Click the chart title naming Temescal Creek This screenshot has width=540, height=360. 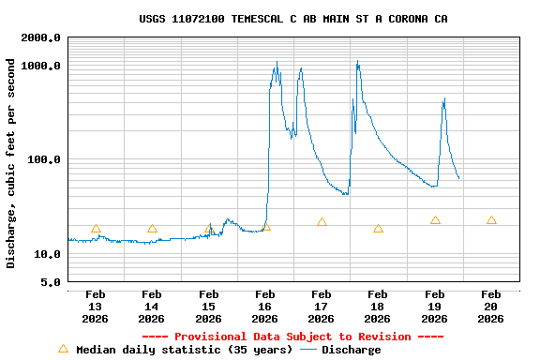(292, 19)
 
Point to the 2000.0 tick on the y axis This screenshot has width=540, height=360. (41, 37)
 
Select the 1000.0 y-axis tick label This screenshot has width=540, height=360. (41, 66)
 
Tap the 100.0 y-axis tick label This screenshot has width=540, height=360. (45, 159)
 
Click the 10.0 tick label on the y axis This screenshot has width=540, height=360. (48, 254)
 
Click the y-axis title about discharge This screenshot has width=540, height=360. (11, 163)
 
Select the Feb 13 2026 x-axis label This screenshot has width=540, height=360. (96, 307)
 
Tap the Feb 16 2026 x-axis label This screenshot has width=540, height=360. (265, 307)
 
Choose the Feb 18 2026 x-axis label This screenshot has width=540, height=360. (378, 307)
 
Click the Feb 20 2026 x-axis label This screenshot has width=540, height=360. (491, 307)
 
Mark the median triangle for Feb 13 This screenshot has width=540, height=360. (96, 228)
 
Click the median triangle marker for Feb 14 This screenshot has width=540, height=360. (152, 228)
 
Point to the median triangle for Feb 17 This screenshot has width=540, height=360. (322, 222)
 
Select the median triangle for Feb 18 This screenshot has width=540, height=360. (378, 228)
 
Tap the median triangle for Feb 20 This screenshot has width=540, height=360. (491, 220)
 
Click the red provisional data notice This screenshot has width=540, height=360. (292, 337)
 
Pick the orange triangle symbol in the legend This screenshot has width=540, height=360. (63, 349)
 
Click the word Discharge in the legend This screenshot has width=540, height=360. (352, 350)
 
